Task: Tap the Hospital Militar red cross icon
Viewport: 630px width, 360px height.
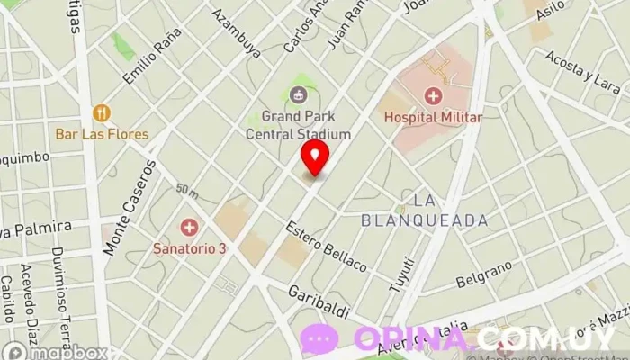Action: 434,96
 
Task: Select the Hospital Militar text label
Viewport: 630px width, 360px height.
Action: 434,117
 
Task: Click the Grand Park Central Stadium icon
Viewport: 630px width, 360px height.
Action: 297,94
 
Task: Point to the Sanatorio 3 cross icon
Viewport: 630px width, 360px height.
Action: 189,227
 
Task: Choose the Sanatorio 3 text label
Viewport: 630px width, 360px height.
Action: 189,248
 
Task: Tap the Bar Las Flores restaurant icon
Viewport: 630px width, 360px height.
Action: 102,113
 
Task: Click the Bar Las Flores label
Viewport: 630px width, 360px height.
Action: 102,134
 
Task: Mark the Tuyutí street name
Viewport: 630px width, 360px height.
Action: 401,273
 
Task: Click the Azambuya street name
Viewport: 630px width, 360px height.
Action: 237,33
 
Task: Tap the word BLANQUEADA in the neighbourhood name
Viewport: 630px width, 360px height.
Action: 424,220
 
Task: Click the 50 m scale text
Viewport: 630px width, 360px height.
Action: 187,191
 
